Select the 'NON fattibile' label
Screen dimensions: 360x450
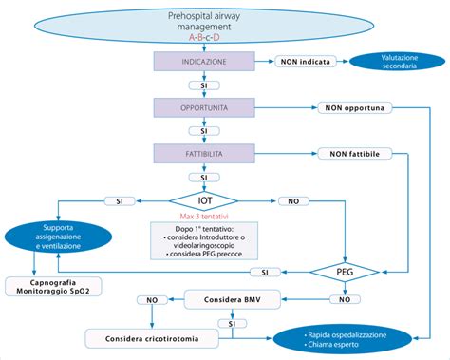[355, 152]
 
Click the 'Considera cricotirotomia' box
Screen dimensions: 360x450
[146, 337]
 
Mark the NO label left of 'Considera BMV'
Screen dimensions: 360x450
[152, 299]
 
